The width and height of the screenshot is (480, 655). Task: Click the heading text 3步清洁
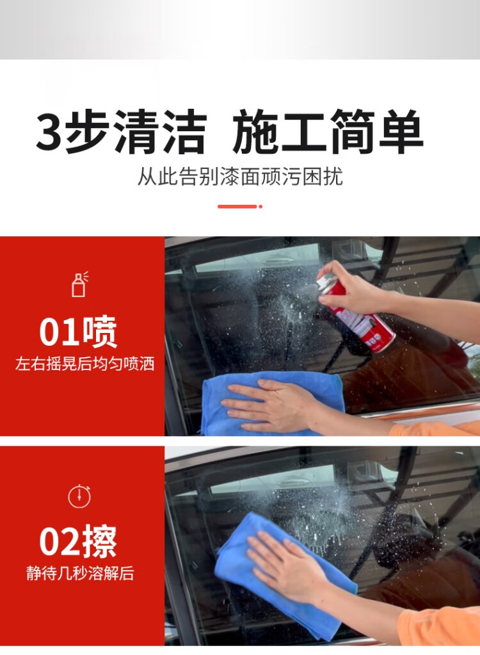pyautogui.click(x=121, y=133)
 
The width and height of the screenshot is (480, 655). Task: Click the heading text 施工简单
pyautogui.click(x=328, y=133)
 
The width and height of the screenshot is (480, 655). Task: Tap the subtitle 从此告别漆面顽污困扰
pyautogui.click(x=240, y=176)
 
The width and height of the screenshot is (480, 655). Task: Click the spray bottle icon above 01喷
pyautogui.click(x=79, y=284)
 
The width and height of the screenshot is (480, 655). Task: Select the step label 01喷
pyautogui.click(x=79, y=332)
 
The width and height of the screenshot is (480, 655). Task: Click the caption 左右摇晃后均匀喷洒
pyautogui.click(x=84, y=364)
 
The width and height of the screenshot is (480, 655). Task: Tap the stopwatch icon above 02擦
pyautogui.click(x=79, y=496)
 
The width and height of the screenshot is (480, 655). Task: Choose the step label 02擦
pyautogui.click(x=79, y=542)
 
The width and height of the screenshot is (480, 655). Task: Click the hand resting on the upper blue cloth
pyautogui.click(x=269, y=403)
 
